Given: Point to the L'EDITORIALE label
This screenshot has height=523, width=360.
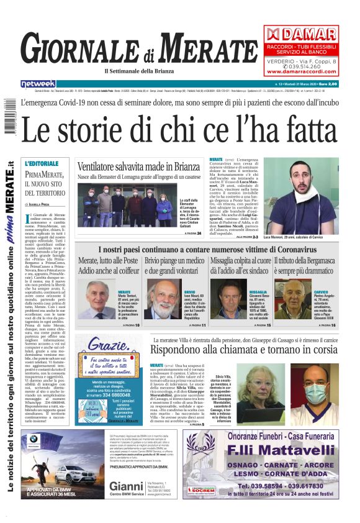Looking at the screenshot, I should point(42,163).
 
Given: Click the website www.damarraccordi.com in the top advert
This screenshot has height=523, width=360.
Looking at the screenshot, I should point(300,70).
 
